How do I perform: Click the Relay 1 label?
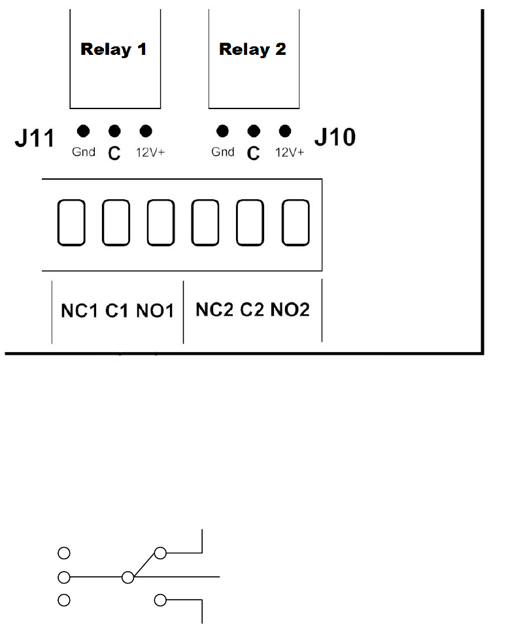pos(114,50)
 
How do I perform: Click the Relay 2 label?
pos(252,50)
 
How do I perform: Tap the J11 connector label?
pos(33,139)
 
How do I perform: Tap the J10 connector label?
pos(335,137)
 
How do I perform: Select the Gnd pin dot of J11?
pos(83,131)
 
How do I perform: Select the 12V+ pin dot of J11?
pos(145,131)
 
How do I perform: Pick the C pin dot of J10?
pos(254,131)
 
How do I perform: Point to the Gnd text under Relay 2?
pos(223,152)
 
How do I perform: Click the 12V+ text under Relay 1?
pos(150,152)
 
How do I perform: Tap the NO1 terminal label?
pos(155,311)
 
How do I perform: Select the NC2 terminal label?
pos(215,310)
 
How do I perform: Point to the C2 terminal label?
pos(252,310)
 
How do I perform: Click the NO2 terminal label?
pos(290,310)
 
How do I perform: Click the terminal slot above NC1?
pos(71,223)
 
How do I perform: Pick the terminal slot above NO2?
pos(295,223)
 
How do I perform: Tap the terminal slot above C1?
pos(116,223)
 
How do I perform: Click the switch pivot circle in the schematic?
pos(128,578)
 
